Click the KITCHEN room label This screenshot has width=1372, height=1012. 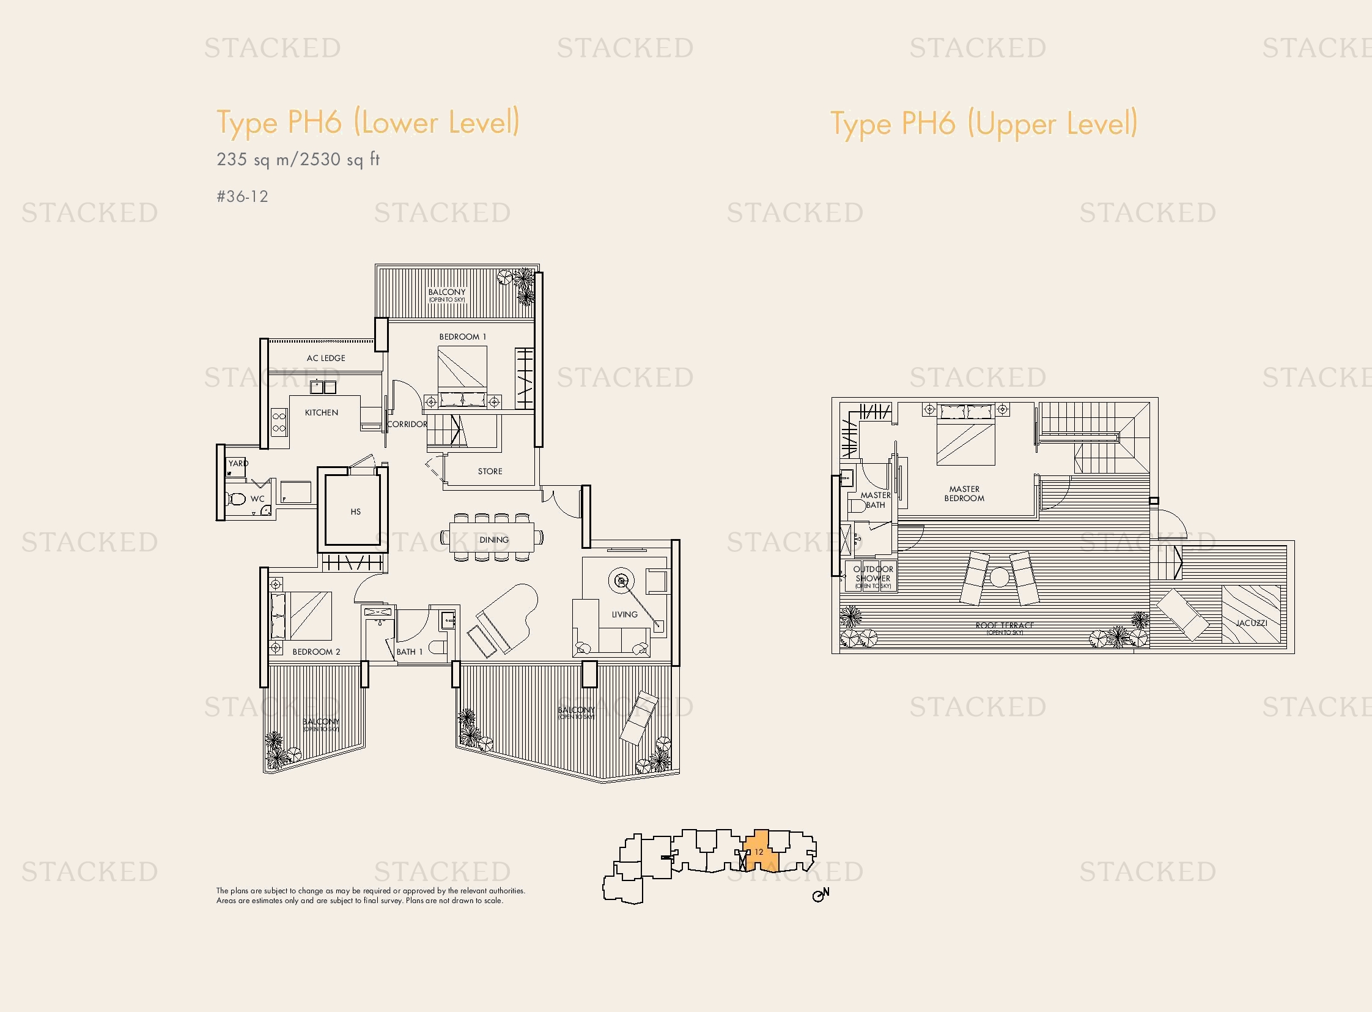point(322,413)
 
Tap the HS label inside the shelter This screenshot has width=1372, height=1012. point(356,512)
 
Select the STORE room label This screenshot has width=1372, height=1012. point(490,471)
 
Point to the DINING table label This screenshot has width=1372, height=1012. point(494,540)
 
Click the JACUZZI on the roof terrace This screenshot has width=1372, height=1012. point(1251,614)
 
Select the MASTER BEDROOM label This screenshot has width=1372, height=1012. point(964,494)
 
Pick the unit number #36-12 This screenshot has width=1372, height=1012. point(243,196)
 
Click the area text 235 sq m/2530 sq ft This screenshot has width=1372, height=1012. point(298,160)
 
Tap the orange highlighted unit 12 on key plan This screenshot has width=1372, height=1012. point(759,851)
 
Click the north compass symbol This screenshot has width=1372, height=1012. point(820,895)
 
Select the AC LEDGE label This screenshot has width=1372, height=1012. point(326,358)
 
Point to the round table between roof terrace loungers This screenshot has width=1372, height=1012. point(999,578)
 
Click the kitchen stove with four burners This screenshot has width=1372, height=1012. point(279,423)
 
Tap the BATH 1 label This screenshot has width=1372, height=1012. point(409,652)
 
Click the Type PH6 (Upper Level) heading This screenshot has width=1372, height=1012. point(984,124)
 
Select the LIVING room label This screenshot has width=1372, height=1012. point(624,614)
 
